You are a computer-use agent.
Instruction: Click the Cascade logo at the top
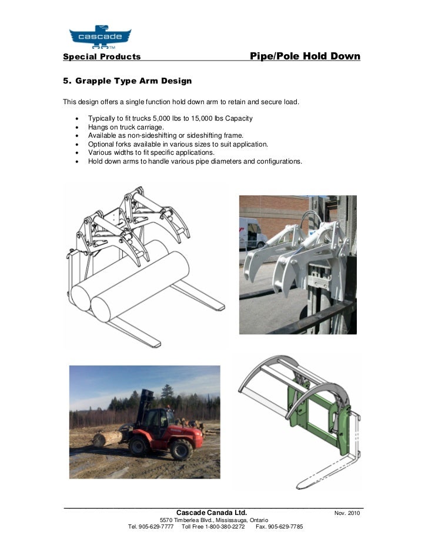pos(100,36)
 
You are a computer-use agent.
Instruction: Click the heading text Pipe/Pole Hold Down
pos(305,57)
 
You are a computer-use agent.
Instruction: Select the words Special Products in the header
pos(102,57)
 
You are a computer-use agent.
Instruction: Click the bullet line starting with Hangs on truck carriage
pos(126,127)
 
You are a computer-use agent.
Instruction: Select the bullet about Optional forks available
pos(178,144)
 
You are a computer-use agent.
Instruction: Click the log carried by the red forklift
pos(108,438)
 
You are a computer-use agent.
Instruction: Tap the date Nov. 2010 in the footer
pos(346,513)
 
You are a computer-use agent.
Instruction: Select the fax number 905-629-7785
pos(285,527)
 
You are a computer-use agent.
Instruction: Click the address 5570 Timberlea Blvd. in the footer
pos(185,520)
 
